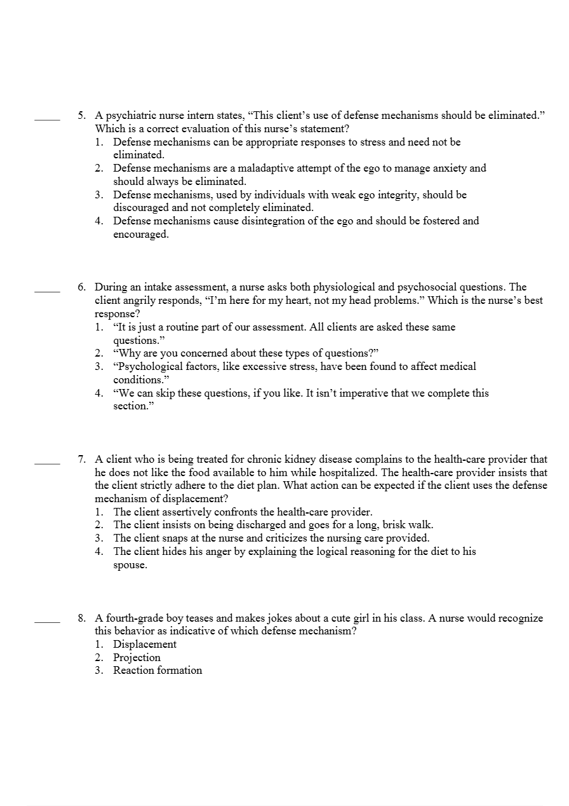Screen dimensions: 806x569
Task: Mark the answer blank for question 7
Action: pos(47,462)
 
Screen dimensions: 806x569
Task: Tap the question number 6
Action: pos(82,287)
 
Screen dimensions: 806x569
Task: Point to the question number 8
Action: pos(82,618)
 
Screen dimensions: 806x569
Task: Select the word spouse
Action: pos(130,565)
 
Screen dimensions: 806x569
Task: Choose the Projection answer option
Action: pos(137,657)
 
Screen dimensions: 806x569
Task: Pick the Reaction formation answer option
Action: pos(157,670)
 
